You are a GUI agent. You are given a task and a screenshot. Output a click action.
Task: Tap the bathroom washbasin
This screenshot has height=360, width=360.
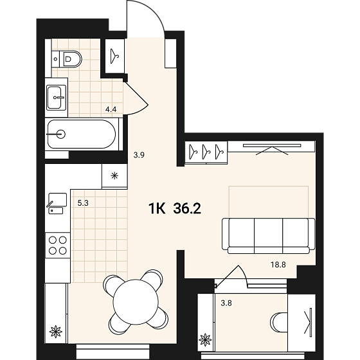tap(56, 97)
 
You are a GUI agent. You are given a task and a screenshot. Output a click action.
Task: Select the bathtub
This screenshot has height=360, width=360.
tap(82, 134)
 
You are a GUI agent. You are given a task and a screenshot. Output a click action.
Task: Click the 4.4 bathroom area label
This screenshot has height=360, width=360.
tap(111, 109)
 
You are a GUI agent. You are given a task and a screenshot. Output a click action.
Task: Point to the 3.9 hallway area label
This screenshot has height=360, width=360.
tap(139, 155)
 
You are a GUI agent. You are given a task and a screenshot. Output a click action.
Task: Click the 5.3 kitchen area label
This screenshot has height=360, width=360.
tap(83, 203)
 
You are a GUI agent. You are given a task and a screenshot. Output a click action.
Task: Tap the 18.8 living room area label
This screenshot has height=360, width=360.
tap(278, 265)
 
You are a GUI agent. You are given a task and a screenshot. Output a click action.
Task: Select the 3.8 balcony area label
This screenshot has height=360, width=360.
tap(226, 303)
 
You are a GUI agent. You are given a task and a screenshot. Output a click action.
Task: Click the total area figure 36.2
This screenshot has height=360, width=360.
tap(187, 209)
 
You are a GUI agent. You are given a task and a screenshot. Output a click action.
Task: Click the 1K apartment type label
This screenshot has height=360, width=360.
tap(157, 209)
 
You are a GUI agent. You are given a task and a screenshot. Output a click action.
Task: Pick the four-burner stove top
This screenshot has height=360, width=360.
tap(58, 246)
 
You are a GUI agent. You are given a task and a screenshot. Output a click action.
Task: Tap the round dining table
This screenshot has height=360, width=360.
tap(136, 302)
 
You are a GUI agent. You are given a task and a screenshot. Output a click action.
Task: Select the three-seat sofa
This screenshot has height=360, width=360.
tap(269, 236)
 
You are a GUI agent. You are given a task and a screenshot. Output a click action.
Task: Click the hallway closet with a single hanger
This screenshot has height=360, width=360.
tap(114, 57)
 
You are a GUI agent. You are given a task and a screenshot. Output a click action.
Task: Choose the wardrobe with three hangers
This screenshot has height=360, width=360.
tap(206, 152)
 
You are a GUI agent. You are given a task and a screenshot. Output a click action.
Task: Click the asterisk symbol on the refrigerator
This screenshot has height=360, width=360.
tap(114, 176)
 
